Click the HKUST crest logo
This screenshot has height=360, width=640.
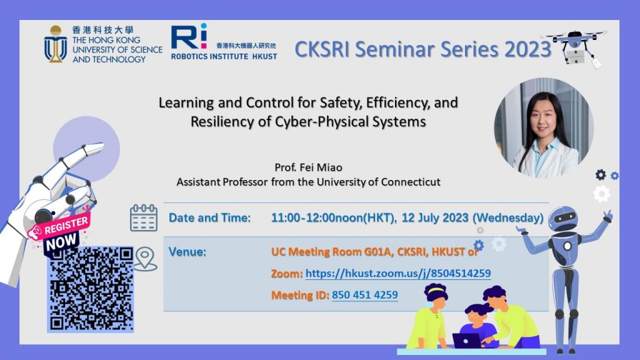coord(55,44)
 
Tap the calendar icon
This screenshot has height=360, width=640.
coord(143,217)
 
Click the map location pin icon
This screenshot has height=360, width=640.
coord(144,259)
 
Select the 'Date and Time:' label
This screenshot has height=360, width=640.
coord(209,218)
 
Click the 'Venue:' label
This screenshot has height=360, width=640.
coord(187,252)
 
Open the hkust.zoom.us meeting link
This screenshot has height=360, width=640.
coord(397,273)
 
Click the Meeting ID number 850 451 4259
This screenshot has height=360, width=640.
coord(364,294)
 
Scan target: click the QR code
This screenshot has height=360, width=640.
coord(91,288)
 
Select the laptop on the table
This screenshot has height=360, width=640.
coord(467,340)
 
